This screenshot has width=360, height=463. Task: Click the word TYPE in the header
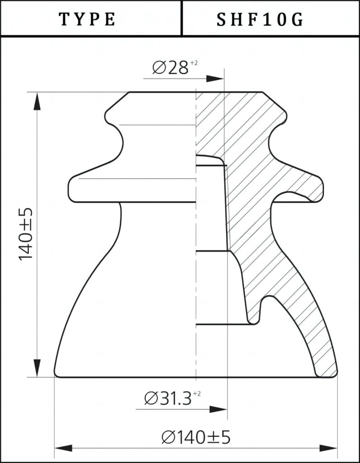point(88,19)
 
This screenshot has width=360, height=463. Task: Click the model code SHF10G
point(260,19)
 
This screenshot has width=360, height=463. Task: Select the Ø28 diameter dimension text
point(170,68)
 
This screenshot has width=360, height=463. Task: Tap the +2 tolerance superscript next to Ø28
point(194,63)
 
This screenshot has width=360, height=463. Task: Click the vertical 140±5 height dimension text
point(25,234)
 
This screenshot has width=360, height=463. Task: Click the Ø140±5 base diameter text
point(196,437)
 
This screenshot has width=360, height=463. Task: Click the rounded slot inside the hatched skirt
point(270,303)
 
